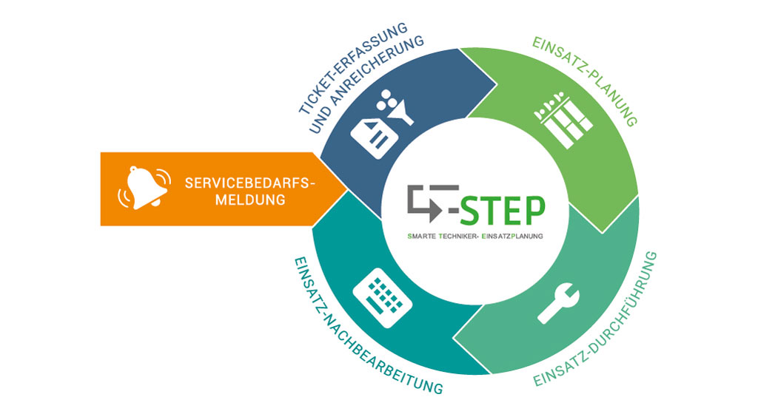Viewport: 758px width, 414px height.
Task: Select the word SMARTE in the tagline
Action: [421, 237]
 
